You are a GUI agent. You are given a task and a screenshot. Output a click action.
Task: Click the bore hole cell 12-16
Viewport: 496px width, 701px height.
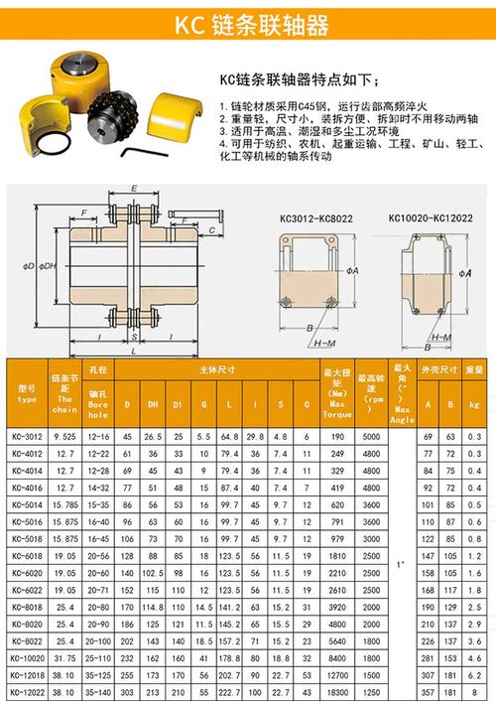click(97, 436)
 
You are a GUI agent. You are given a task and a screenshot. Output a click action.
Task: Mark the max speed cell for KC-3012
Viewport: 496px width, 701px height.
click(371, 436)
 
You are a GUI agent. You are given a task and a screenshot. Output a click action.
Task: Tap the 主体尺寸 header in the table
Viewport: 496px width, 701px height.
click(216, 368)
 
